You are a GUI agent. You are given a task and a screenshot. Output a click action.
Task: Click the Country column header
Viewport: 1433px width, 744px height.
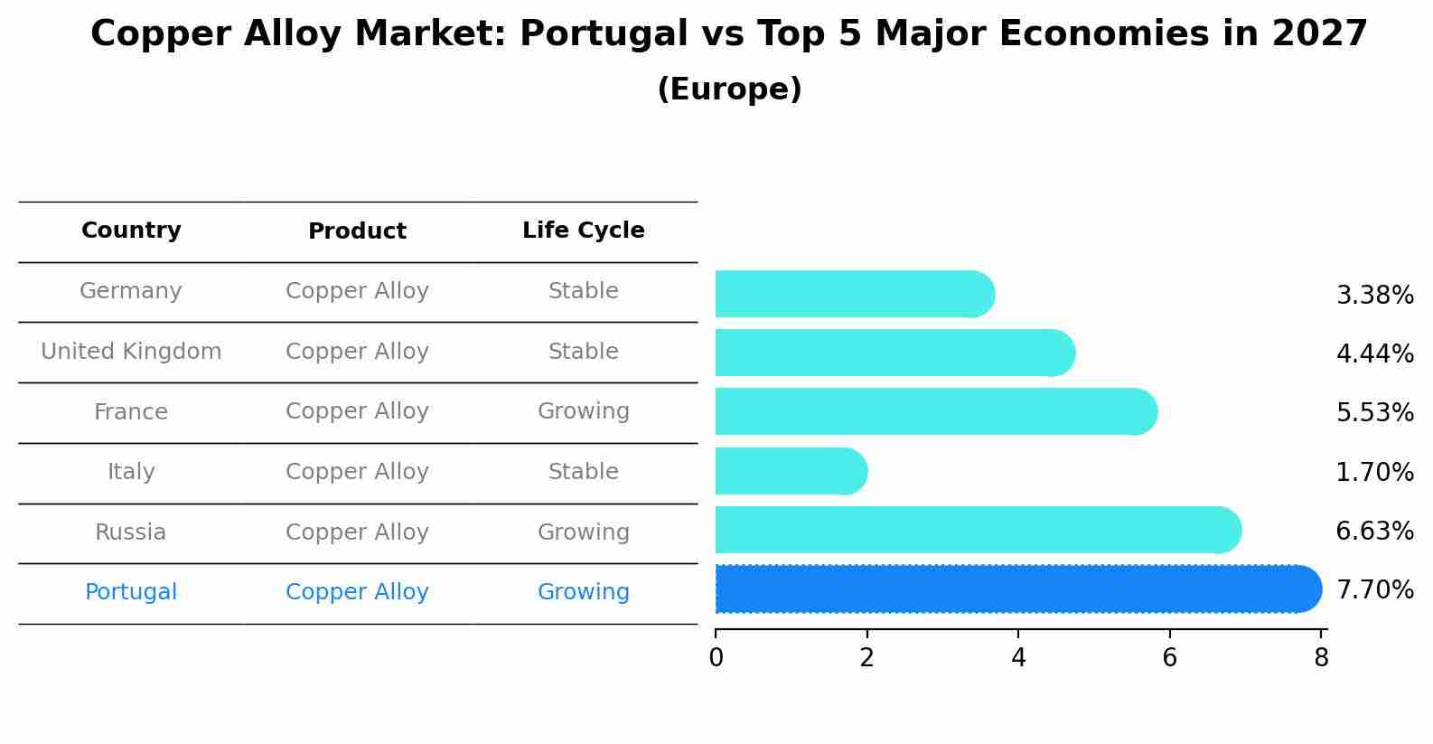tap(131, 231)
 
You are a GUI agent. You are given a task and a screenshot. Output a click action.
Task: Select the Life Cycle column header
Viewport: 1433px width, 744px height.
tap(583, 231)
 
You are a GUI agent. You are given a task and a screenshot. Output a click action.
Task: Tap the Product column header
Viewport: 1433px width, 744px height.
tap(357, 231)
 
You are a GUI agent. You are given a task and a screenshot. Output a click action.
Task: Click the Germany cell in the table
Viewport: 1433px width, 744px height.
tap(131, 291)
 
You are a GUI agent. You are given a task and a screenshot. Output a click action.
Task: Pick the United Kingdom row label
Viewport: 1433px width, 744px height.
tap(131, 352)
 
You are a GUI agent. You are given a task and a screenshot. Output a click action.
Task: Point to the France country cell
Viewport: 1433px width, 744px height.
tap(131, 412)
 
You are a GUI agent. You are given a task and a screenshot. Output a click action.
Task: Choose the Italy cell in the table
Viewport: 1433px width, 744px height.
tap(131, 472)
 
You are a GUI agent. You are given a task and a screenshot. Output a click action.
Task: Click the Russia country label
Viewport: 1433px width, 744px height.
tap(131, 532)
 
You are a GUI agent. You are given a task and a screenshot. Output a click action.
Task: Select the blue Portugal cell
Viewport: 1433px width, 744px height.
tap(131, 592)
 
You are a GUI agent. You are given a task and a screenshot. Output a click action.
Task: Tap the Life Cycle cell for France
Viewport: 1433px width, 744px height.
tap(583, 411)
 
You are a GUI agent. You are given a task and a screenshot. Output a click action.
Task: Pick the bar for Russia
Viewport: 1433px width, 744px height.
tap(976, 530)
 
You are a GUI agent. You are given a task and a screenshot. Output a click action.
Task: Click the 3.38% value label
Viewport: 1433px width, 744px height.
tap(1374, 296)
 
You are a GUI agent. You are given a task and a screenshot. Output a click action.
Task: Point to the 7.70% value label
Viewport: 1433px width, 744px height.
tap(1374, 590)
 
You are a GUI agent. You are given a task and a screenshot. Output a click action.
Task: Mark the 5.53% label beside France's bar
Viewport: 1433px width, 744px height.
tap(1374, 413)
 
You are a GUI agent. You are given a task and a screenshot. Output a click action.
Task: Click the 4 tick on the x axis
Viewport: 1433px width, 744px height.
tap(1018, 658)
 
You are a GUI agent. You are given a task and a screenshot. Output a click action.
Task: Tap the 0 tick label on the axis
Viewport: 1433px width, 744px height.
tap(716, 658)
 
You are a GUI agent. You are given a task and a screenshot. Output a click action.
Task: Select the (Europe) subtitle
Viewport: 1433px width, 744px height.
tap(729, 89)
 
